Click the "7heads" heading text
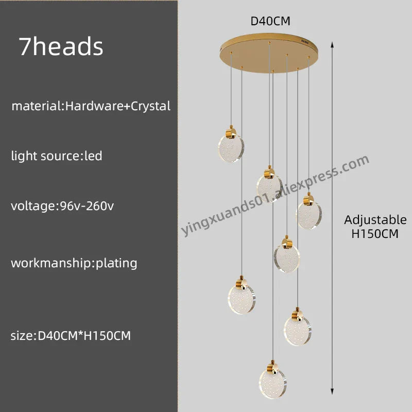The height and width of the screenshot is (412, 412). [61, 47]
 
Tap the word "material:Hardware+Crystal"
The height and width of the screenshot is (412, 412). [91, 107]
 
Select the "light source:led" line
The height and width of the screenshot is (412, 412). [57, 156]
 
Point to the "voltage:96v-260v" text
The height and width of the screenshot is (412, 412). [62, 206]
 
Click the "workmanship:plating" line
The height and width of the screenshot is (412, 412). [74, 263]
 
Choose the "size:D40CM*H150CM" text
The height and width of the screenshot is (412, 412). [71, 336]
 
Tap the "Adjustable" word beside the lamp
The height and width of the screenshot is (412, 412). [375, 220]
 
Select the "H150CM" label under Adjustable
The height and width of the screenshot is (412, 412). [375, 233]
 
